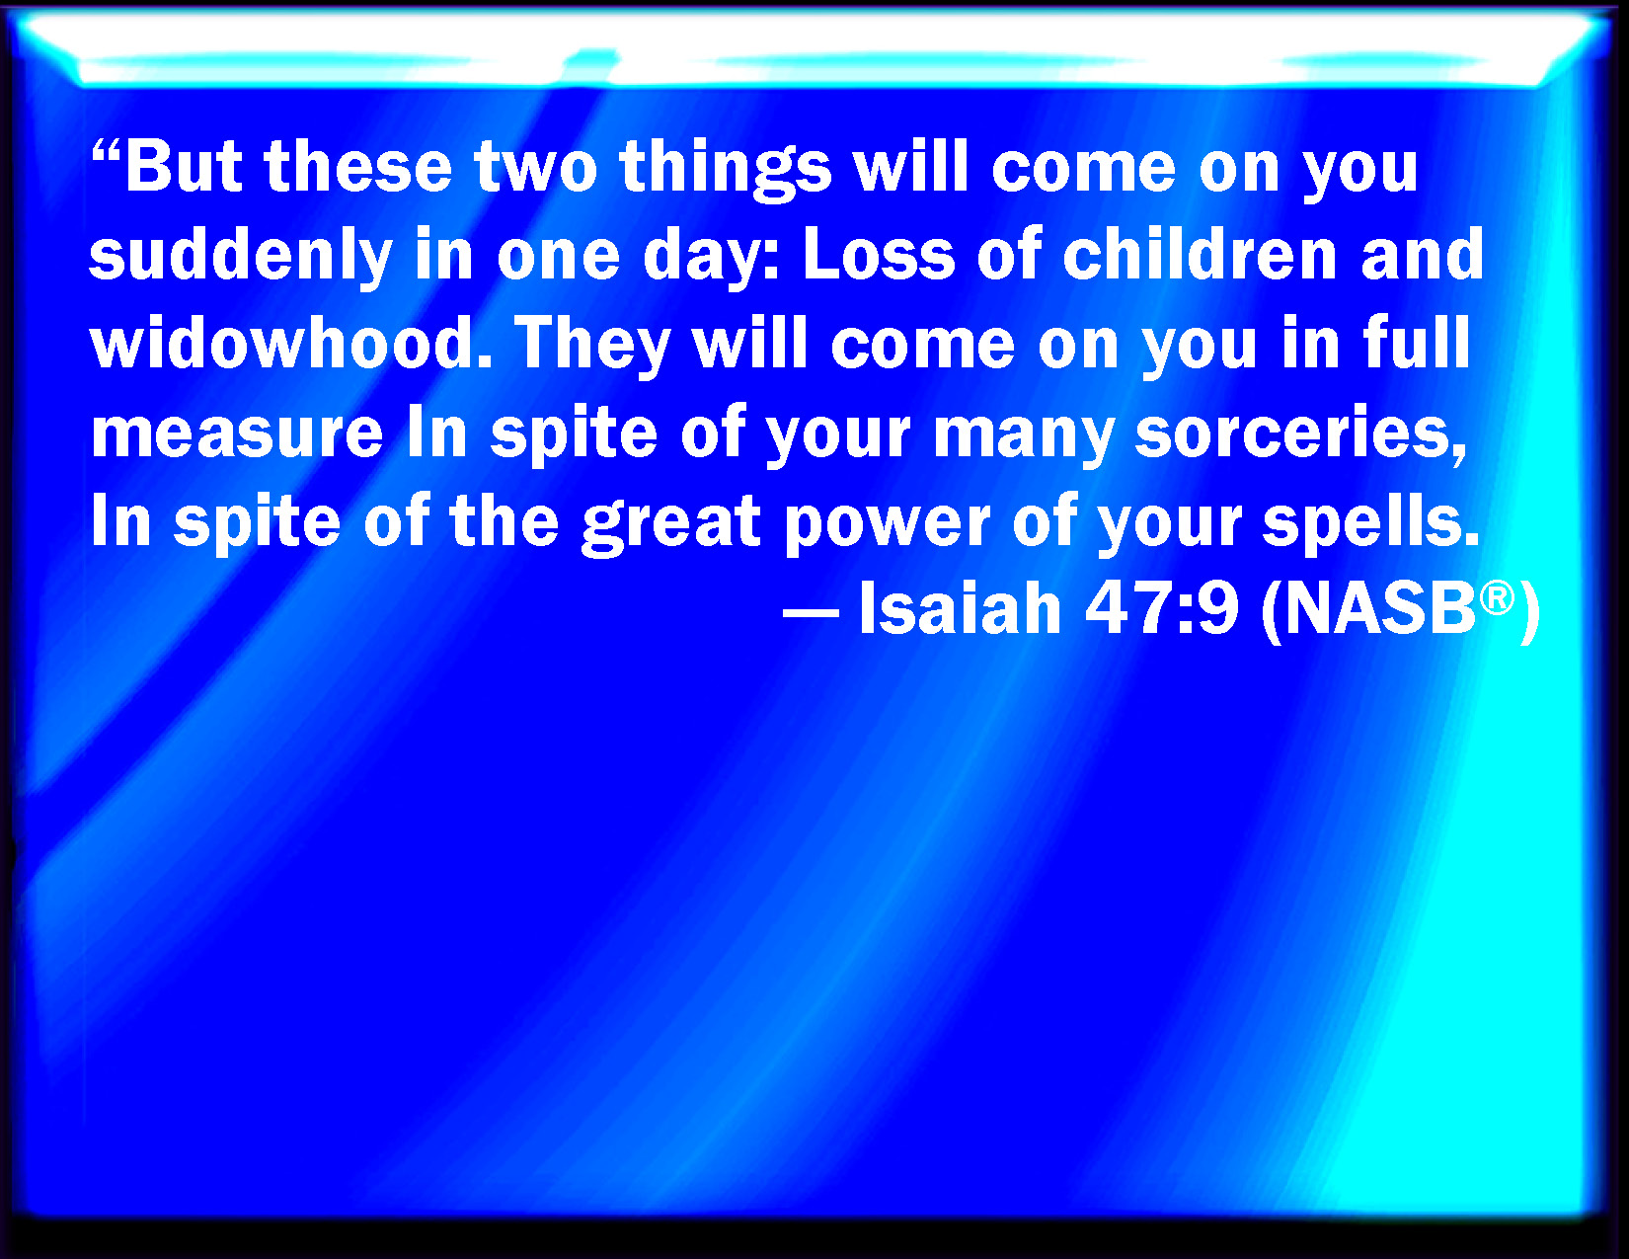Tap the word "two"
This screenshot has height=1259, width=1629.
535,166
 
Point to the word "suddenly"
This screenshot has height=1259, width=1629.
241,257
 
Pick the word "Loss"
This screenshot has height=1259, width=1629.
879,254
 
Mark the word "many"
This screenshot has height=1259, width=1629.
1023,437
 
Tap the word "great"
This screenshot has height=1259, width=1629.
671,524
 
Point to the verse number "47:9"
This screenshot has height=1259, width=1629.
1161,608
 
